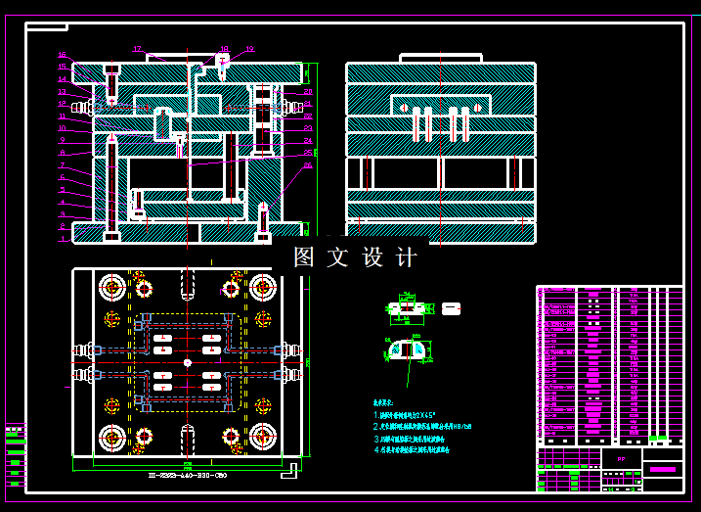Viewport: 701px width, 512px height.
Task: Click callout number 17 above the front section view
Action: click(138, 48)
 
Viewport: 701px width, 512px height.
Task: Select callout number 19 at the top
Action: click(249, 49)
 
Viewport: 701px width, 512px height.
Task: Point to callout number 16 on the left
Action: click(62, 56)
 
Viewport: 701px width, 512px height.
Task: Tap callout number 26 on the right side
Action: click(308, 164)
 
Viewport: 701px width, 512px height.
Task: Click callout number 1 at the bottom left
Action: click(62, 238)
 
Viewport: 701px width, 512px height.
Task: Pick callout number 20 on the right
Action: click(308, 91)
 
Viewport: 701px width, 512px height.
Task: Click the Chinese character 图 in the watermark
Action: click(305, 257)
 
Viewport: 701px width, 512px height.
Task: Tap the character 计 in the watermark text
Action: click(406, 257)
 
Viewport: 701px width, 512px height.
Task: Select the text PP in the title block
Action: click(620, 457)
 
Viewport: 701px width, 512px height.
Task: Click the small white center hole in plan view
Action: click(187, 362)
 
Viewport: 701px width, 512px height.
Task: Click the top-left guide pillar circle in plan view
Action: click(111, 288)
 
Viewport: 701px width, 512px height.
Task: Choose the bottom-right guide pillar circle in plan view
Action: click(262, 437)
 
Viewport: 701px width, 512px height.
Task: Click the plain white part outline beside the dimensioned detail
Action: click(451, 308)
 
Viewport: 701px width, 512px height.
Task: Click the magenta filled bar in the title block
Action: click(663, 470)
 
